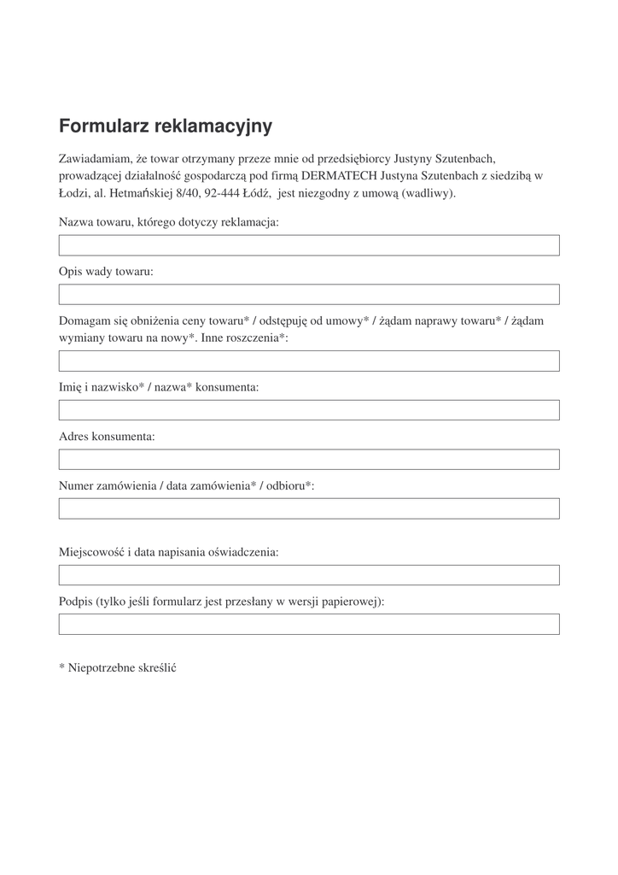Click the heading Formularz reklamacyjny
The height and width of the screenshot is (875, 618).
point(166,126)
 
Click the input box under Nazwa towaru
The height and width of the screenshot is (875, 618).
point(309,245)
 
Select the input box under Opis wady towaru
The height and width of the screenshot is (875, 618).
point(309,295)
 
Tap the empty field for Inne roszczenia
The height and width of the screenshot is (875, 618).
point(309,361)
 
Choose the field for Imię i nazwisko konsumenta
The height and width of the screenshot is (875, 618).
point(309,410)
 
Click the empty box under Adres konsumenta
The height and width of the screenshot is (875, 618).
point(309,460)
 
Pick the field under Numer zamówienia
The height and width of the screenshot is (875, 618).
point(309,509)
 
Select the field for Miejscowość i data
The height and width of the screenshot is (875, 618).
point(309,575)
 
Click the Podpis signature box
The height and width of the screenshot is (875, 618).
point(309,625)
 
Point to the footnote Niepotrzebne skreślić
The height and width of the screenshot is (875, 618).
point(117,667)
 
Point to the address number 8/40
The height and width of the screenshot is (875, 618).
point(188,192)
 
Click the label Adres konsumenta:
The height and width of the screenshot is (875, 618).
point(107,436)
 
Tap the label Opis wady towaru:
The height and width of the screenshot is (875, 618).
point(106,272)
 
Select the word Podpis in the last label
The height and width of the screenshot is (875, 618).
point(75,602)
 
